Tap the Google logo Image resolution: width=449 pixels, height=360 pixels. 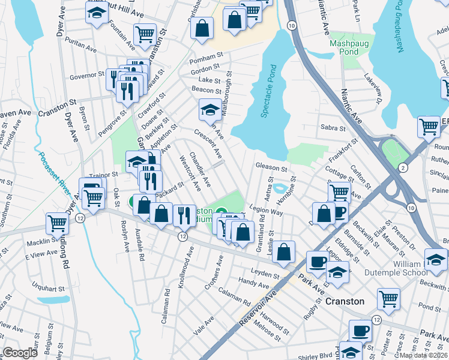pyautogui.click(x=20, y=353)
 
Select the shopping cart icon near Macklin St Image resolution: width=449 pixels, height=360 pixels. pyautogui.click(x=57, y=223)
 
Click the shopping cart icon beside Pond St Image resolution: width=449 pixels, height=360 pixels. pyautogui.click(x=388, y=298)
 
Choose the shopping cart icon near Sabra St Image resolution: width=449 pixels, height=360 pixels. pyautogui.click(x=429, y=126)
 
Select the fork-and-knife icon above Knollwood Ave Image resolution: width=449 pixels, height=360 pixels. pyautogui.click(x=184, y=214)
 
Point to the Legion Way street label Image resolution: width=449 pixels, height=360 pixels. pyautogui.click(x=268, y=212)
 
